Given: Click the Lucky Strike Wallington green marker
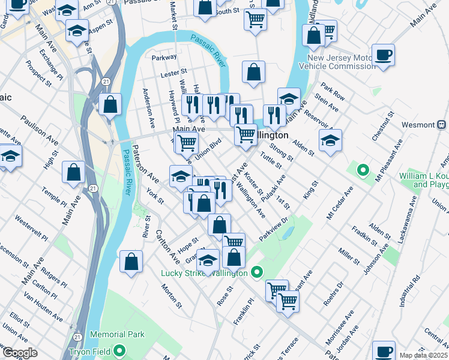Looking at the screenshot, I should tap(257, 273).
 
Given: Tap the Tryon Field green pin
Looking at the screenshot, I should tap(120, 350).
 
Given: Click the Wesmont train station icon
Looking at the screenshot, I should tap(442, 125).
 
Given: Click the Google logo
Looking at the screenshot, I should tap(20, 353).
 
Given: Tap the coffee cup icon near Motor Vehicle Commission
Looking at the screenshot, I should tap(383, 56).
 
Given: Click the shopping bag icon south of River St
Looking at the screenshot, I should tap(131, 263).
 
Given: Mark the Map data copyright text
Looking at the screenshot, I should tap(424, 355).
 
